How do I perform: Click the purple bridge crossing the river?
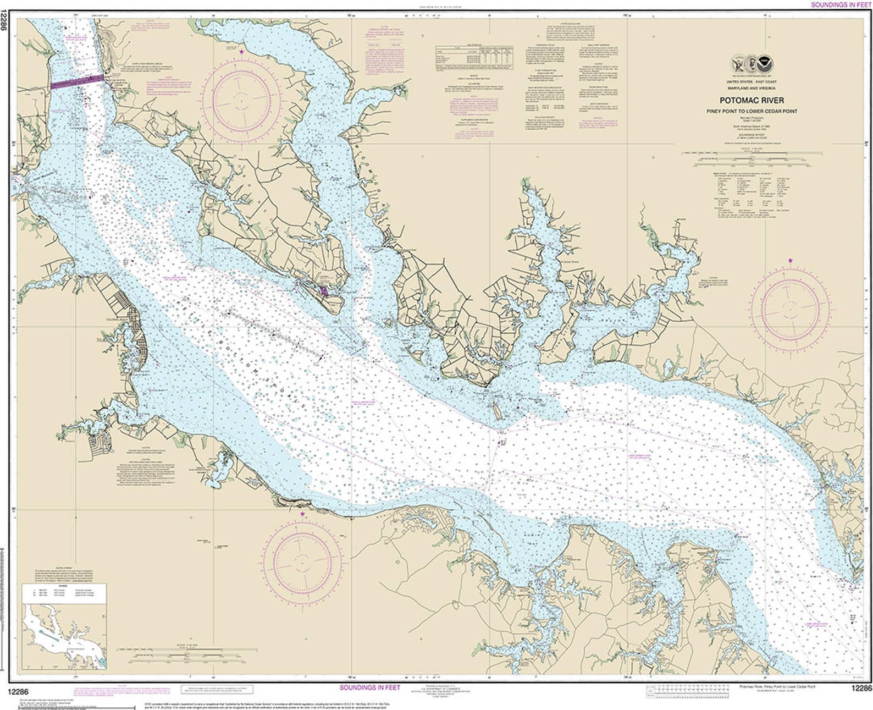[77, 82]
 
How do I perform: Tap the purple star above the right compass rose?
[791, 260]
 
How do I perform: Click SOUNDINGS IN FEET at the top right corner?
[841, 4]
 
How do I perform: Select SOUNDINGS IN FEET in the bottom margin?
[370, 687]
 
